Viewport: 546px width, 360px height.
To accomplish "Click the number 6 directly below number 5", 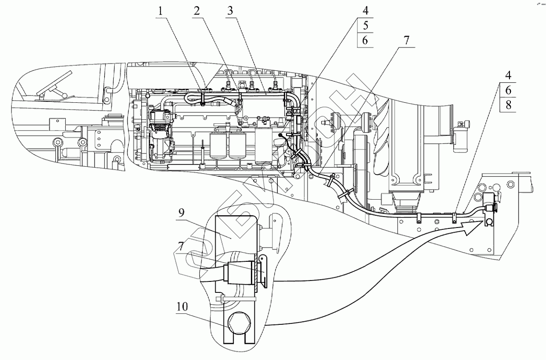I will [x=365, y=41].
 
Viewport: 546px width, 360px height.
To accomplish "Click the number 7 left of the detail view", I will [x=181, y=247].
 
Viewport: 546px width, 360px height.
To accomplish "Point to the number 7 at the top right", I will [x=406, y=40].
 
